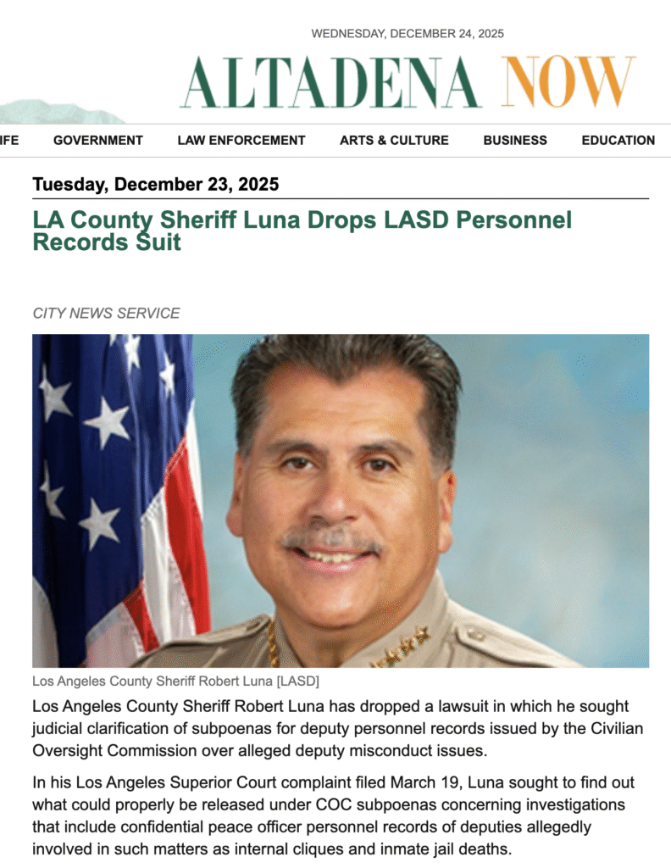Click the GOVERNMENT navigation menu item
[x=97, y=141]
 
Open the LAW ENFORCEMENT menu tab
[x=241, y=141]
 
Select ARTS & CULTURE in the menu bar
[x=394, y=141]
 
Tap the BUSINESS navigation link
[x=515, y=141]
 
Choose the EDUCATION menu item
[x=618, y=141]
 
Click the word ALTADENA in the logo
[x=330, y=82]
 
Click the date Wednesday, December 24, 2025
[x=408, y=34]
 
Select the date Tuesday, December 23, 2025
[x=155, y=184]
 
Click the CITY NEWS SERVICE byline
[x=106, y=313]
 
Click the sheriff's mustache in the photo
[x=331, y=539]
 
